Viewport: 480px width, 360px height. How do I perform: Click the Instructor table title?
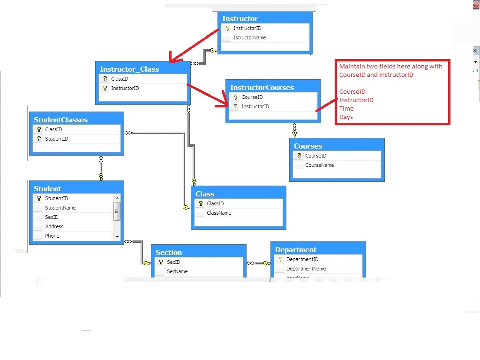coord(240,19)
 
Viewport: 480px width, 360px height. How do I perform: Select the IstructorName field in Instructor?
coord(249,37)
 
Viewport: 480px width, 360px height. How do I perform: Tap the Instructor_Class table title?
coord(129,69)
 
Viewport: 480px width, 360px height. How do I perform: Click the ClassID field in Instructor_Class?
coord(120,79)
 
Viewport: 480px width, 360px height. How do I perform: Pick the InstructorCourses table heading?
coord(262,88)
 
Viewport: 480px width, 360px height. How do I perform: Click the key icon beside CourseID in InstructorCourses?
coord(235,97)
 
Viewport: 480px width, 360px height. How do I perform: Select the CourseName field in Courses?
coord(319,165)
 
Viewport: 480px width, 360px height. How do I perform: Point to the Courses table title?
coord(308,146)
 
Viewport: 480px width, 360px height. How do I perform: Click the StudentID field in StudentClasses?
coord(56,139)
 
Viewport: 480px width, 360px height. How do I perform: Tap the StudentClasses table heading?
coord(60,120)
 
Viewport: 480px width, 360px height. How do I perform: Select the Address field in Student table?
coord(54,226)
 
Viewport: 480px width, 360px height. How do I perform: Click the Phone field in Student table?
coord(52,236)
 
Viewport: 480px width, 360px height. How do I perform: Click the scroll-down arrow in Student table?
coord(117,237)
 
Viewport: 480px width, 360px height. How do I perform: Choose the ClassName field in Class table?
coord(219,213)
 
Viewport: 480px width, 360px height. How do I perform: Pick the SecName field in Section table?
coord(177,271)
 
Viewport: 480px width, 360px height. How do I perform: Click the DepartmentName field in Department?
coord(306,269)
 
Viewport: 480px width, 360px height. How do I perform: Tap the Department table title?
coord(296,250)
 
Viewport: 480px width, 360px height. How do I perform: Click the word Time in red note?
coord(346,109)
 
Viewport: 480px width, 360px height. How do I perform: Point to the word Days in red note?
coord(346,117)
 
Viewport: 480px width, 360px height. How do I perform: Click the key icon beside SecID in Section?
coord(161,262)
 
